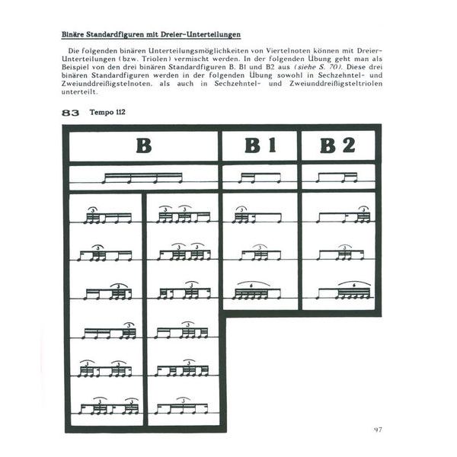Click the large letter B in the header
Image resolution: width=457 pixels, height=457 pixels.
point(143,145)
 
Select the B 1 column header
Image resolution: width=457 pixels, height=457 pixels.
point(260,145)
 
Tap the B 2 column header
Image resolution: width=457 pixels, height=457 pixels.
point(337,145)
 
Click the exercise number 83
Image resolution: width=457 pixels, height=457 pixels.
point(71,113)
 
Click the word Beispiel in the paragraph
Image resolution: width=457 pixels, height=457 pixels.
point(78,67)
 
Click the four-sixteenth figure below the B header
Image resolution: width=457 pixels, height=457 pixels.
point(143,178)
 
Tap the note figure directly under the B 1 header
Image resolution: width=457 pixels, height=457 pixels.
point(260,178)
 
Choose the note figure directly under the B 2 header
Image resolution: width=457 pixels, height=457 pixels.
point(337,178)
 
